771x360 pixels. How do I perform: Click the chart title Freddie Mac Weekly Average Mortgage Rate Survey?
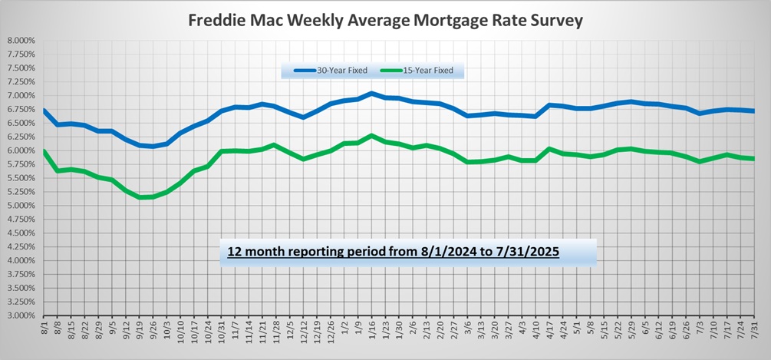tap(386, 20)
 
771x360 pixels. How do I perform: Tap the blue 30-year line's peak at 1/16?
tap(372, 93)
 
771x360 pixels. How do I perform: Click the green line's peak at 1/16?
tap(372, 136)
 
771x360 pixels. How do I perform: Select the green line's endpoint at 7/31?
tap(755, 159)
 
